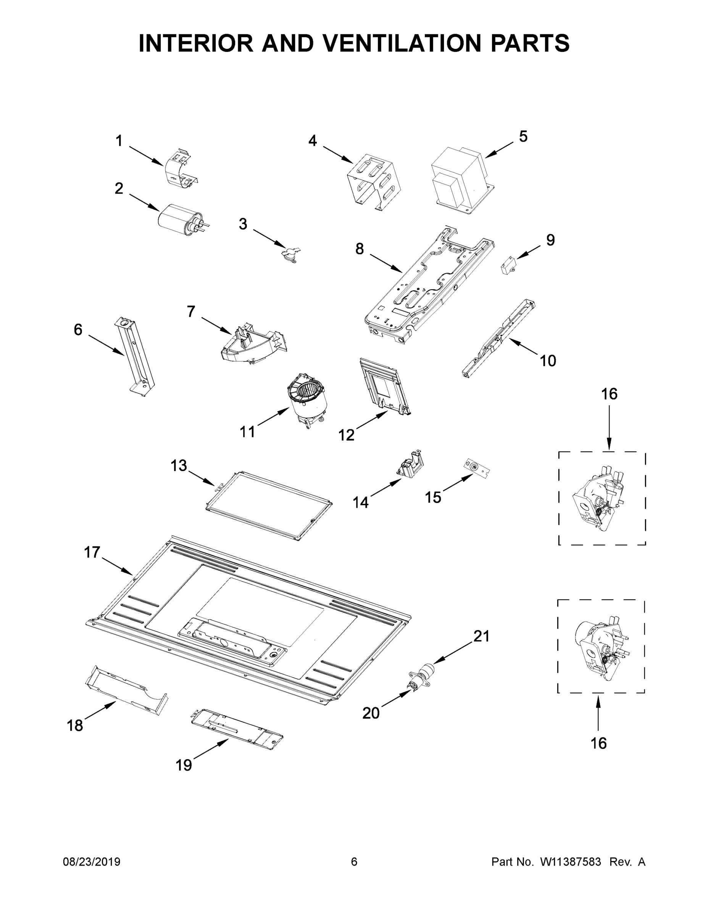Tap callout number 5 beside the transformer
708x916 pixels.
(x=523, y=136)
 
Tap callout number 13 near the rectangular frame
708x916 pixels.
(x=179, y=465)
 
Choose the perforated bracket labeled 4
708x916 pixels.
(x=373, y=181)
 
